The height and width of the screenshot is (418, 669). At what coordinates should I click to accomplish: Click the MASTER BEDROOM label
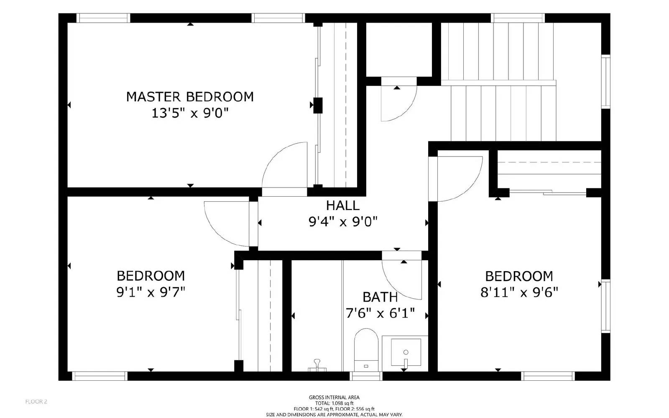pos(190,97)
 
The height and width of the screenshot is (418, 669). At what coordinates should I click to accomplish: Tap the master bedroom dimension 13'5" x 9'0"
pos(190,113)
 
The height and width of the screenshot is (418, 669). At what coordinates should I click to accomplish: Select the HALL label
pos(343,205)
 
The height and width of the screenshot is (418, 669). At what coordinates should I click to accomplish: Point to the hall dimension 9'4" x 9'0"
pos(343,222)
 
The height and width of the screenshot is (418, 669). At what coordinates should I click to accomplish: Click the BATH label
pos(380,297)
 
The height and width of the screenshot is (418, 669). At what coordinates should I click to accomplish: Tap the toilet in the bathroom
pos(366,349)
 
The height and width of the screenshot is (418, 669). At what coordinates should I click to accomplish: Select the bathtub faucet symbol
pos(317,365)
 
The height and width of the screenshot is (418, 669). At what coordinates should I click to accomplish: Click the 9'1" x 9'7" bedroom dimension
pos(151,292)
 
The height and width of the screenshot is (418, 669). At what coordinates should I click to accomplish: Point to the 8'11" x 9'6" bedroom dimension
pos(519,292)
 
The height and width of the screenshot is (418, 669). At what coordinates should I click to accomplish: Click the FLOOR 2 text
pos(36,402)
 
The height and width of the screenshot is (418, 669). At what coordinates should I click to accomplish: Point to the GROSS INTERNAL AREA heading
pos(334,397)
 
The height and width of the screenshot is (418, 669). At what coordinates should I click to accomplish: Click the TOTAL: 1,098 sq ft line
pos(334,403)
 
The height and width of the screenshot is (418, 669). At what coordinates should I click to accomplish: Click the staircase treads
pos(502,84)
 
